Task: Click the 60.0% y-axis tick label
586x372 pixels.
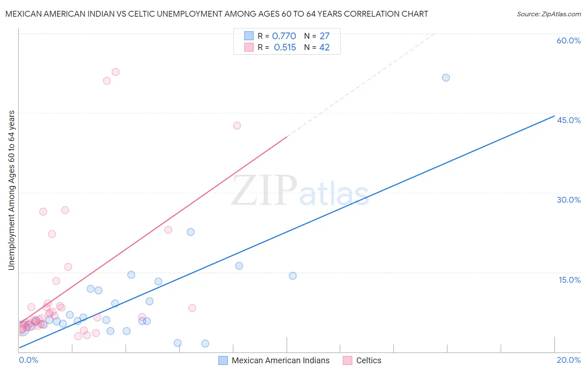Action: click(568, 40)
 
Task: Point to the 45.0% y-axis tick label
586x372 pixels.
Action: click(568, 120)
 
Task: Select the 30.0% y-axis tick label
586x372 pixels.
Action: click(568, 200)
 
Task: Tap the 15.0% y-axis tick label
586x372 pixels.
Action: click(569, 280)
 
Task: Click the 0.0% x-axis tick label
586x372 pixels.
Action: click(28, 360)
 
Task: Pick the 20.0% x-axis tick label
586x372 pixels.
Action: click(568, 360)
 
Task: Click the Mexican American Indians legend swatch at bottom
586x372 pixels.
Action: click(223, 360)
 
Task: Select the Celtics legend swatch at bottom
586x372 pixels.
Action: click(348, 360)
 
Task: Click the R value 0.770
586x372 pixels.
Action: click(284, 36)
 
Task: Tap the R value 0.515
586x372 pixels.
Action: click(285, 47)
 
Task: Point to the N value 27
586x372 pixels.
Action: click(324, 36)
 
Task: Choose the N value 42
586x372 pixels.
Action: click(324, 47)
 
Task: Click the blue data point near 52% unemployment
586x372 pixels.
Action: click(446, 78)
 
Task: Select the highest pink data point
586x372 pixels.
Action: click(115, 72)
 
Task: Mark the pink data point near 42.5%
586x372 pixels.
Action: click(237, 126)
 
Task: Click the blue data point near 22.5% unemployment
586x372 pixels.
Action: click(190, 232)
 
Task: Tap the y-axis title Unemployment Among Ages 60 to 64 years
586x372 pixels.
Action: click(11, 190)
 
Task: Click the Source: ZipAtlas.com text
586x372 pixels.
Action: click(548, 14)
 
